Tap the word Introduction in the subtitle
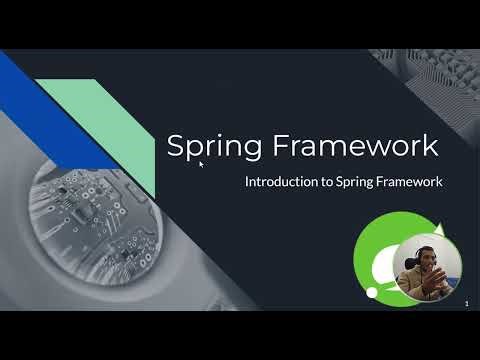pos(281,183)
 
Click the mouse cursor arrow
pos(201,163)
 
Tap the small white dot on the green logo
pos(371,291)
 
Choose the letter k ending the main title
pos(430,146)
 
